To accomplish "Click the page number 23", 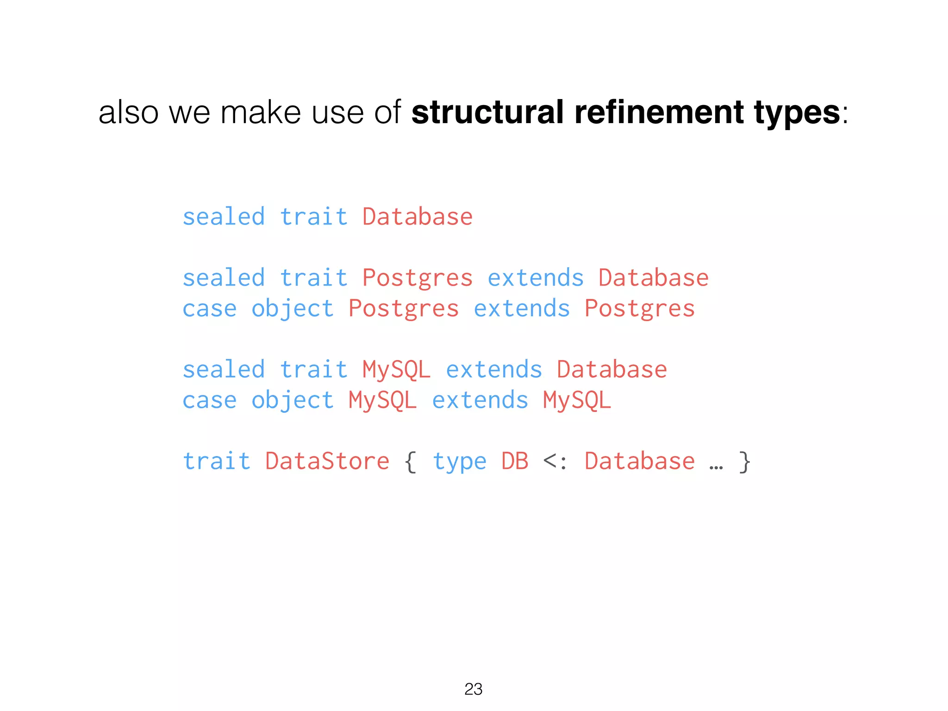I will pos(473,689).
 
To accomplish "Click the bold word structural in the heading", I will pos(487,112).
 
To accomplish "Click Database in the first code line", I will pos(417,217).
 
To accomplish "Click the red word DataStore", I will pos(327,461).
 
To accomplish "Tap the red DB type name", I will pos(514,461).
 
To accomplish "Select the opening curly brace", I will pos(411,462).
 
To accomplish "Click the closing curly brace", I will pos(744,462).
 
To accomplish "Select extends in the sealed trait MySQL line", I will pos(493,369).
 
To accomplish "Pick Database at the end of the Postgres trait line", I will pos(653,278).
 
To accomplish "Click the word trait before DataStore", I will pos(216,461).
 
